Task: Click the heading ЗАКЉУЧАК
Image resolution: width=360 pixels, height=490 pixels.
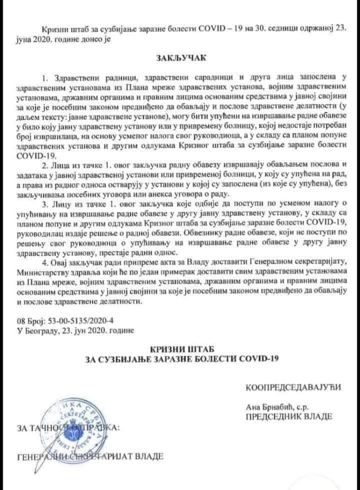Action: coord(180,58)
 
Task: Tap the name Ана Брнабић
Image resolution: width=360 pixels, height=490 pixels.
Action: coord(267,406)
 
